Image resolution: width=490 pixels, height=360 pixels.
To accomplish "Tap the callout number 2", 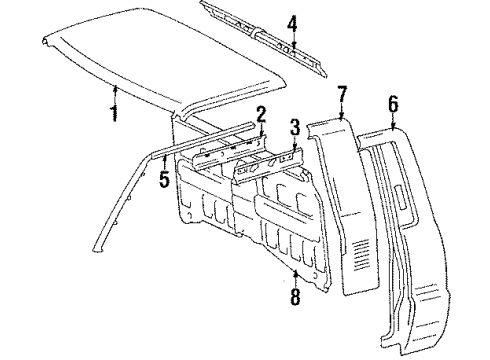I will pos(260,113).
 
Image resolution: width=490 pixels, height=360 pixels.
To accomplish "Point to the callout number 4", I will pos(292,21).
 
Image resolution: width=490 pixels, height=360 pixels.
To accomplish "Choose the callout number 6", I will pos(393,103).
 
